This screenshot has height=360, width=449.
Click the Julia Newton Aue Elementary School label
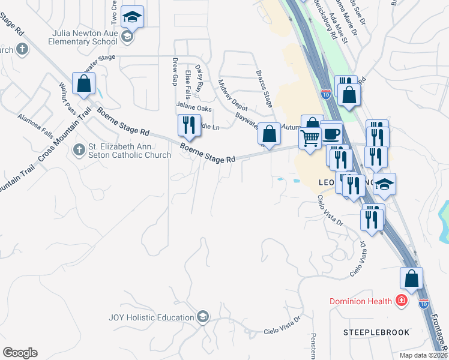point(85,37)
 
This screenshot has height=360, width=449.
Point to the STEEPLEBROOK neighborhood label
point(376,332)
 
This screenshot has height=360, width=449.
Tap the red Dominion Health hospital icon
point(401,301)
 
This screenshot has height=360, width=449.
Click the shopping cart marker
point(310,139)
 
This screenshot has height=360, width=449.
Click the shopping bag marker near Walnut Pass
point(83,84)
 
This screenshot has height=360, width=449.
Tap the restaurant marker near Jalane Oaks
point(188,125)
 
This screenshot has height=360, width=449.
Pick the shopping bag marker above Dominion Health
point(411,278)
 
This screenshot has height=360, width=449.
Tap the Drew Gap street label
point(175,71)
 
